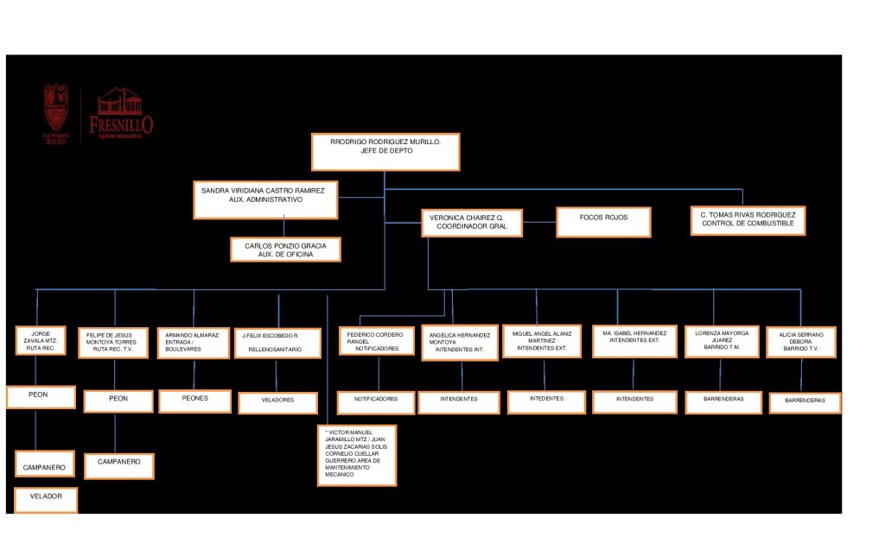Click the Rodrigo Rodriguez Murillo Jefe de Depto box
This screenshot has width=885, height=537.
pyautogui.click(x=385, y=151)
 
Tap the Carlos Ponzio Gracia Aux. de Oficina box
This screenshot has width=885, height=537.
pyautogui.click(x=285, y=250)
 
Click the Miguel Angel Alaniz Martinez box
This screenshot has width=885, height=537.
pyautogui.click(x=541, y=341)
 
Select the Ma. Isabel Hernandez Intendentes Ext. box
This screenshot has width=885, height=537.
pyautogui.click(x=634, y=340)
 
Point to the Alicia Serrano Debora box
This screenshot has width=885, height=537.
pyautogui.click(x=800, y=342)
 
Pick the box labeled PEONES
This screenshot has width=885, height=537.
pyautogui.click(x=194, y=401)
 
